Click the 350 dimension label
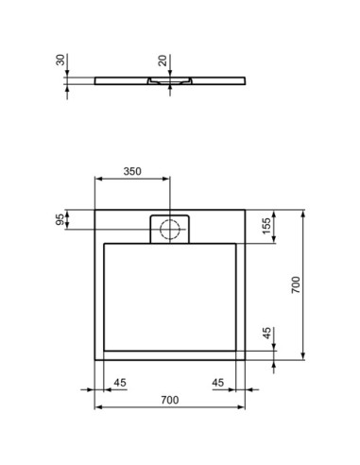pyautogui.click(x=132, y=171)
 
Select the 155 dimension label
pyautogui.click(x=267, y=227)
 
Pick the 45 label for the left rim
pyautogui.click(x=119, y=382)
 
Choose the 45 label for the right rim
pyautogui.click(x=218, y=382)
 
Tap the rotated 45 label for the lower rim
pyautogui.click(x=267, y=333)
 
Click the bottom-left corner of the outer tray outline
pyautogui.click(x=96, y=359)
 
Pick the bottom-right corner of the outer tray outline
pyautogui.click(x=246, y=359)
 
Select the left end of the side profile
pyautogui.click(x=94, y=78)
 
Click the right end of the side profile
pyautogui.click(x=245, y=78)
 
